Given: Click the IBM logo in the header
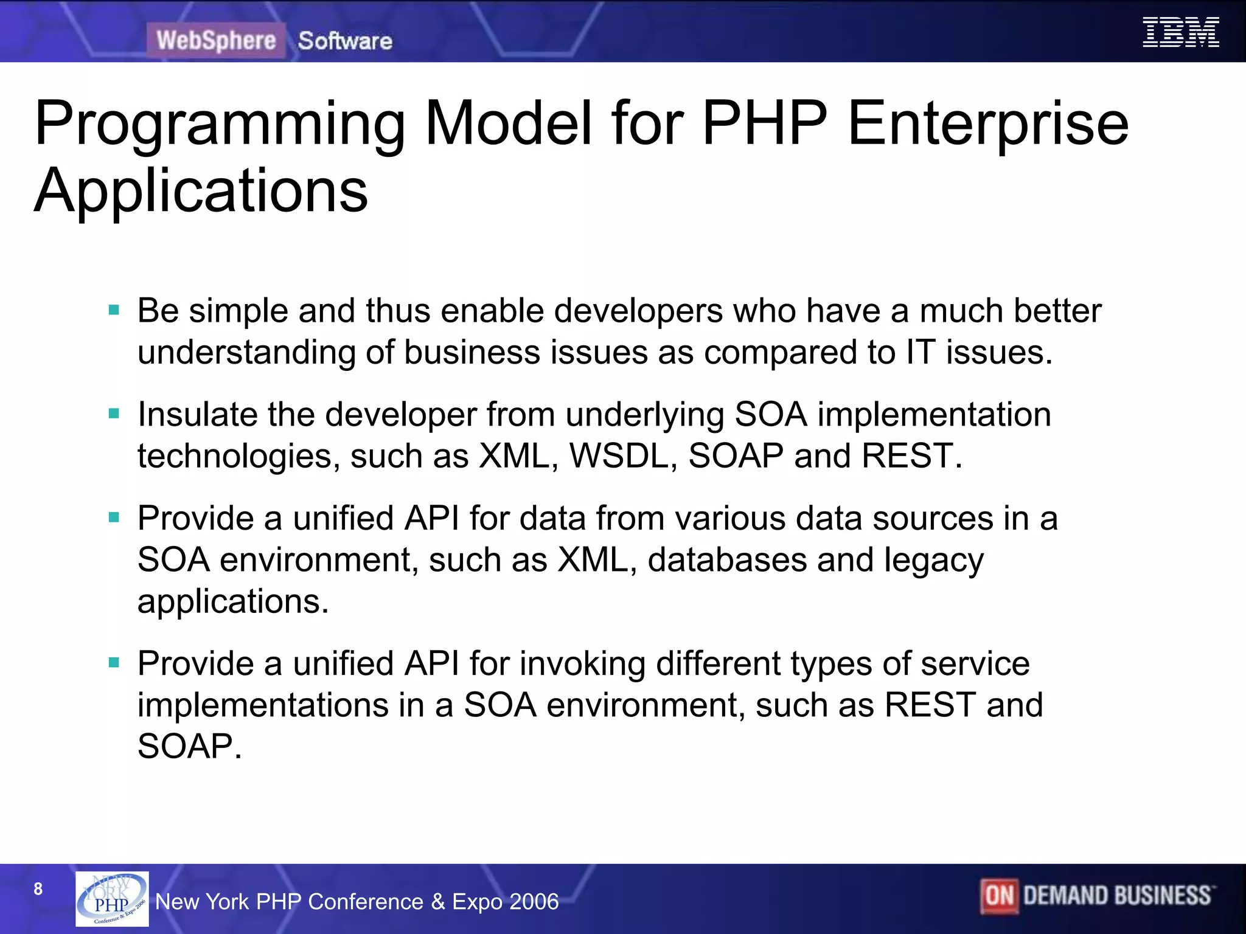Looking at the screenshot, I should point(1180,32).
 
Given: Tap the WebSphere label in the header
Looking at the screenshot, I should point(216,41).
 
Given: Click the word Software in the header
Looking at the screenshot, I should point(345,41).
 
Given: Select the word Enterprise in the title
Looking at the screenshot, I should point(987,125).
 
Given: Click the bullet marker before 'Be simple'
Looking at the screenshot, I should point(114,311).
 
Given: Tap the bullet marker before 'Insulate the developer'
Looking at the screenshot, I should point(114,414).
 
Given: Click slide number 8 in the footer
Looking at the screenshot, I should point(38,889).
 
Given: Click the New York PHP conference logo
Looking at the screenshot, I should point(112,899).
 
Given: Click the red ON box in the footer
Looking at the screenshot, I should point(999,896).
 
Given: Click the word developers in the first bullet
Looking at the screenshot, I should point(638,311).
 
